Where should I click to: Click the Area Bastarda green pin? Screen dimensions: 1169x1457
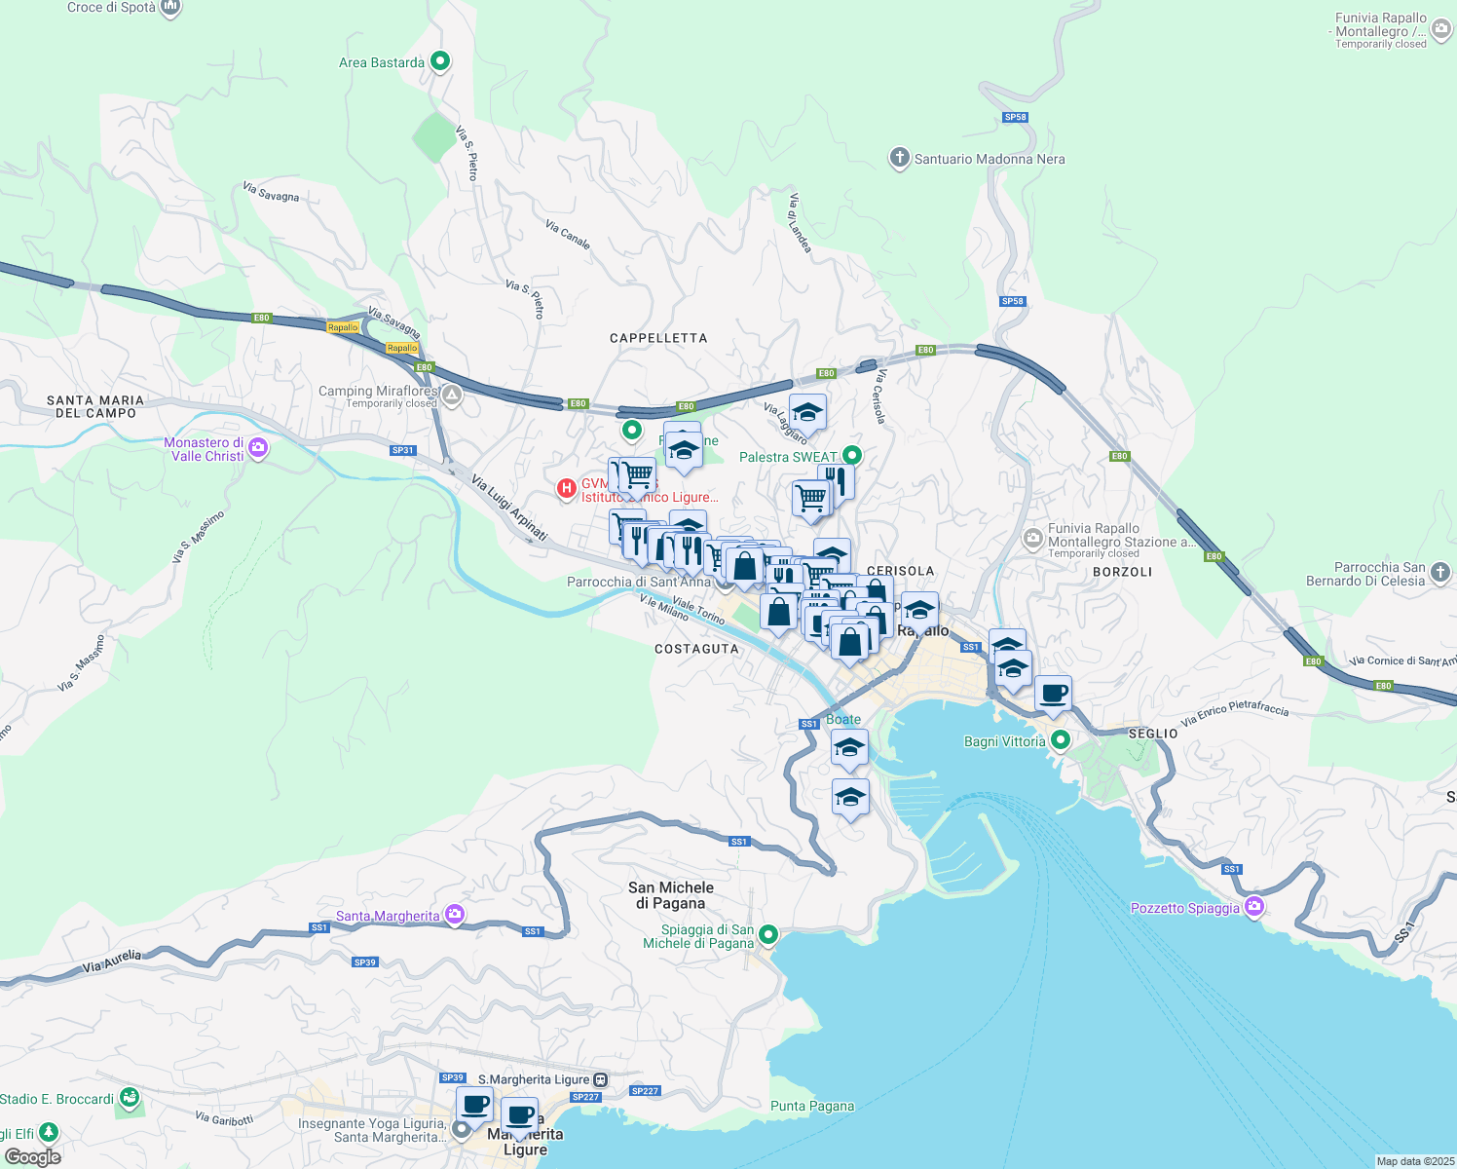coord(439,61)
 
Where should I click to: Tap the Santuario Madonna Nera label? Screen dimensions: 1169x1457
coord(989,159)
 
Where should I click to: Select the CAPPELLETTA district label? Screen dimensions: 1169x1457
coord(658,338)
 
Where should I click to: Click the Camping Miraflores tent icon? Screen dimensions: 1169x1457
coord(451,396)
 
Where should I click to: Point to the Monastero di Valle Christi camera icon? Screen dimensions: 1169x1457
coord(258,448)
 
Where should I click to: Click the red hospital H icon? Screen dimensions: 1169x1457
coord(566,488)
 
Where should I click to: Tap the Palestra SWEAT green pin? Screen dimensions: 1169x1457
coord(852,455)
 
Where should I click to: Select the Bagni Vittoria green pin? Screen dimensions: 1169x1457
coord(1061,741)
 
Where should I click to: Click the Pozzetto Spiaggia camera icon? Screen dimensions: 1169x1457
coord(1254,907)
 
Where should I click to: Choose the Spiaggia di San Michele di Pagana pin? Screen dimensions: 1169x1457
coord(768,935)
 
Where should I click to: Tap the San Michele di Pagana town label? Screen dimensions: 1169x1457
coord(671,895)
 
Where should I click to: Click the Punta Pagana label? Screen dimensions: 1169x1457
coord(812,1106)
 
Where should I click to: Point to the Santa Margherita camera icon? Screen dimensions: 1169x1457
coord(454,914)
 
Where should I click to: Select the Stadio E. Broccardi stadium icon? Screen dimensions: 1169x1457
coord(130,1099)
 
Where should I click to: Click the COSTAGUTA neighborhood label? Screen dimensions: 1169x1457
coord(696,649)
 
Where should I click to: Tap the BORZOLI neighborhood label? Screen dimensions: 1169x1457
coord(1122,572)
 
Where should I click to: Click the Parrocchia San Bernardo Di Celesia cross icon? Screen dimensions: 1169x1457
coord(1440,573)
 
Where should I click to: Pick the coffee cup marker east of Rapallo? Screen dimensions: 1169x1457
coord(1053,695)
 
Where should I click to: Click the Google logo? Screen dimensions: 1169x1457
coord(33,1156)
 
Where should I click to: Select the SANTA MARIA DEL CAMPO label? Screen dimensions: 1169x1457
coord(95,406)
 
